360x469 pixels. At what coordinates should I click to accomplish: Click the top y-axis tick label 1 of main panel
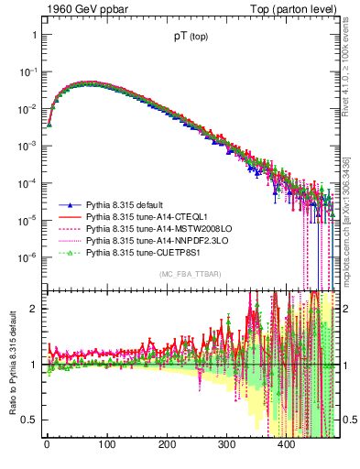point(36,35)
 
